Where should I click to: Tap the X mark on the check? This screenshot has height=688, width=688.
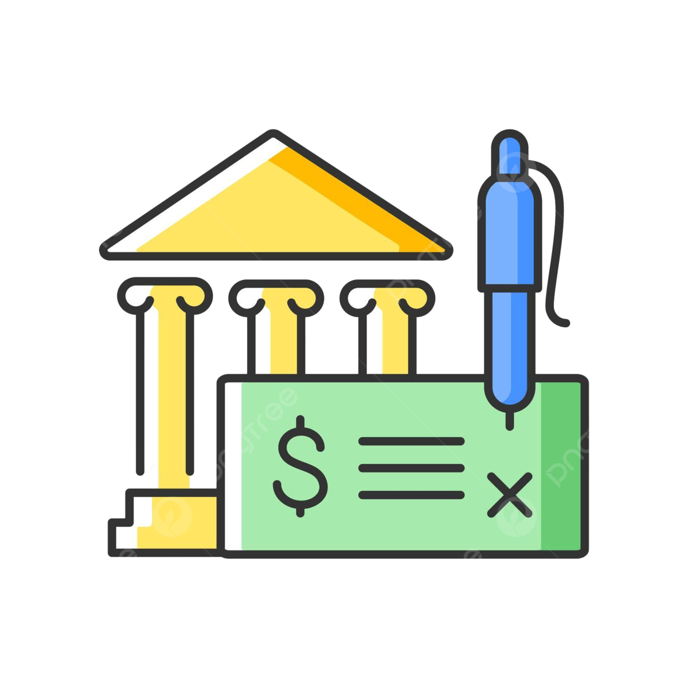[509, 494]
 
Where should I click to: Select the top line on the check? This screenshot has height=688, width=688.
[411, 441]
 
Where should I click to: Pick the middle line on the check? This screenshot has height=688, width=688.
[411, 468]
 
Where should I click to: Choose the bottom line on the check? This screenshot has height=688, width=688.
[411, 494]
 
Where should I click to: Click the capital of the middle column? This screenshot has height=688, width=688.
[276, 296]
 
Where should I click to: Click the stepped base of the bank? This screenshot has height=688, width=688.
[166, 522]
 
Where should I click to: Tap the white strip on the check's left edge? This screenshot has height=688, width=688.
[233, 464]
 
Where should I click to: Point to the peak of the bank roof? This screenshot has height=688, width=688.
[274, 138]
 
